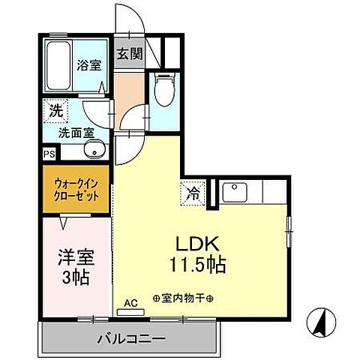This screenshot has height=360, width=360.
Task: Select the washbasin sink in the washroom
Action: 92,152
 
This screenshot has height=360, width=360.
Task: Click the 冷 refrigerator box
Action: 191,194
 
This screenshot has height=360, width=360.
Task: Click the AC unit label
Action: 130,304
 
